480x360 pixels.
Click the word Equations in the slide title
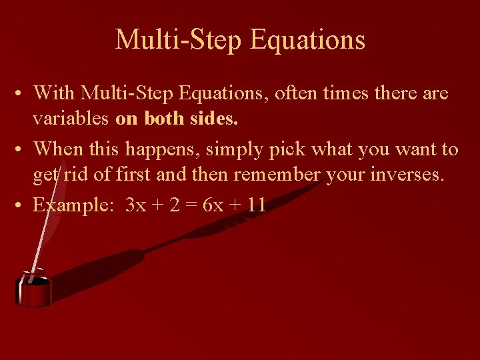(x=307, y=40)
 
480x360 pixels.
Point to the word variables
(x=71, y=120)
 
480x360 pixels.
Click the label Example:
(x=74, y=205)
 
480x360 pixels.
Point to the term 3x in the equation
(x=135, y=205)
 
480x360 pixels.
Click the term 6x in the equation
(x=213, y=205)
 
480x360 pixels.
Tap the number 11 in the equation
(x=256, y=205)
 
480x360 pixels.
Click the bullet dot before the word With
(x=23, y=94)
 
